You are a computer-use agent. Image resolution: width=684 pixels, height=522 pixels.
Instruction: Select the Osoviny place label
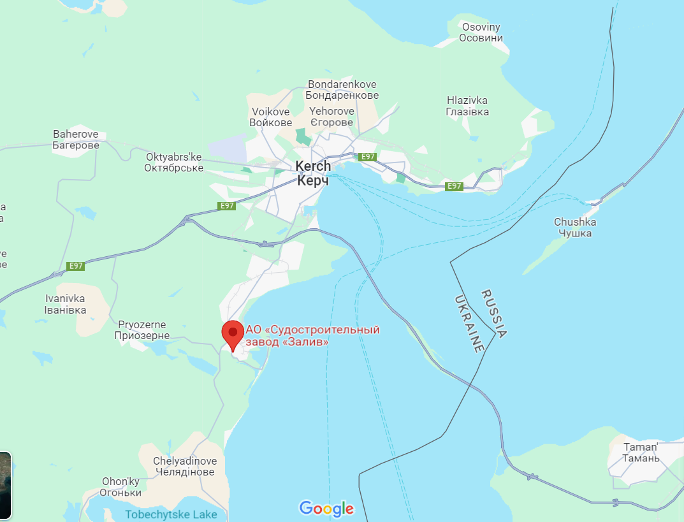tap(481, 33)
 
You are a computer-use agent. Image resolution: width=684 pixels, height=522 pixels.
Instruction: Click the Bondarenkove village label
tap(342, 90)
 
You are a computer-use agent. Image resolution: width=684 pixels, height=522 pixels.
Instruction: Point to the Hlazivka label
tap(467, 106)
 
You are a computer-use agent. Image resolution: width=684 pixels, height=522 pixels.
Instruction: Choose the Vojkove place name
tap(270, 117)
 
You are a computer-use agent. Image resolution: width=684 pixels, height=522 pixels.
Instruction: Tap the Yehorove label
tap(331, 117)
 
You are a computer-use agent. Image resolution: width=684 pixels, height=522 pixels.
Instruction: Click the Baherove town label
tap(76, 140)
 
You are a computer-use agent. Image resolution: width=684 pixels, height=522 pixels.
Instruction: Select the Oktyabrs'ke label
tap(174, 163)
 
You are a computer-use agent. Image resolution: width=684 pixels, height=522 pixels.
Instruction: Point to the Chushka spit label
tap(575, 228)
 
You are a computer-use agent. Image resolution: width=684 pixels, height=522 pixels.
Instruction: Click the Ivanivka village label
tap(66, 304)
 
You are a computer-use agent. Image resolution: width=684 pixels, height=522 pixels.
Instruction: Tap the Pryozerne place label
tap(143, 330)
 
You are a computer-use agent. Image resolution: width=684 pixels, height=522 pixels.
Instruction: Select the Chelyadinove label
tap(185, 467)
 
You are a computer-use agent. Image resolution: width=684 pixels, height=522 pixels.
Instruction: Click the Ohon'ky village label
tap(121, 487)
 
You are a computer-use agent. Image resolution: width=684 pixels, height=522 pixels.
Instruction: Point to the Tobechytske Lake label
tap(171, 514)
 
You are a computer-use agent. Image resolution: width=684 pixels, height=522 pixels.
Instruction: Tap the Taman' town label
tap(641, 453)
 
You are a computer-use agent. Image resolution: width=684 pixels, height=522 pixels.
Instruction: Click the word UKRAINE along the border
tap(469, 324)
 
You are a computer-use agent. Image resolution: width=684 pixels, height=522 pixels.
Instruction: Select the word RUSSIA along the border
tap(494, 313)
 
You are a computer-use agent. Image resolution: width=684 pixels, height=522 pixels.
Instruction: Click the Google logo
tap(326, 508)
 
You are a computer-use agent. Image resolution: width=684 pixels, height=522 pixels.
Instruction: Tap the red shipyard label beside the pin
tap(312, 336)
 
